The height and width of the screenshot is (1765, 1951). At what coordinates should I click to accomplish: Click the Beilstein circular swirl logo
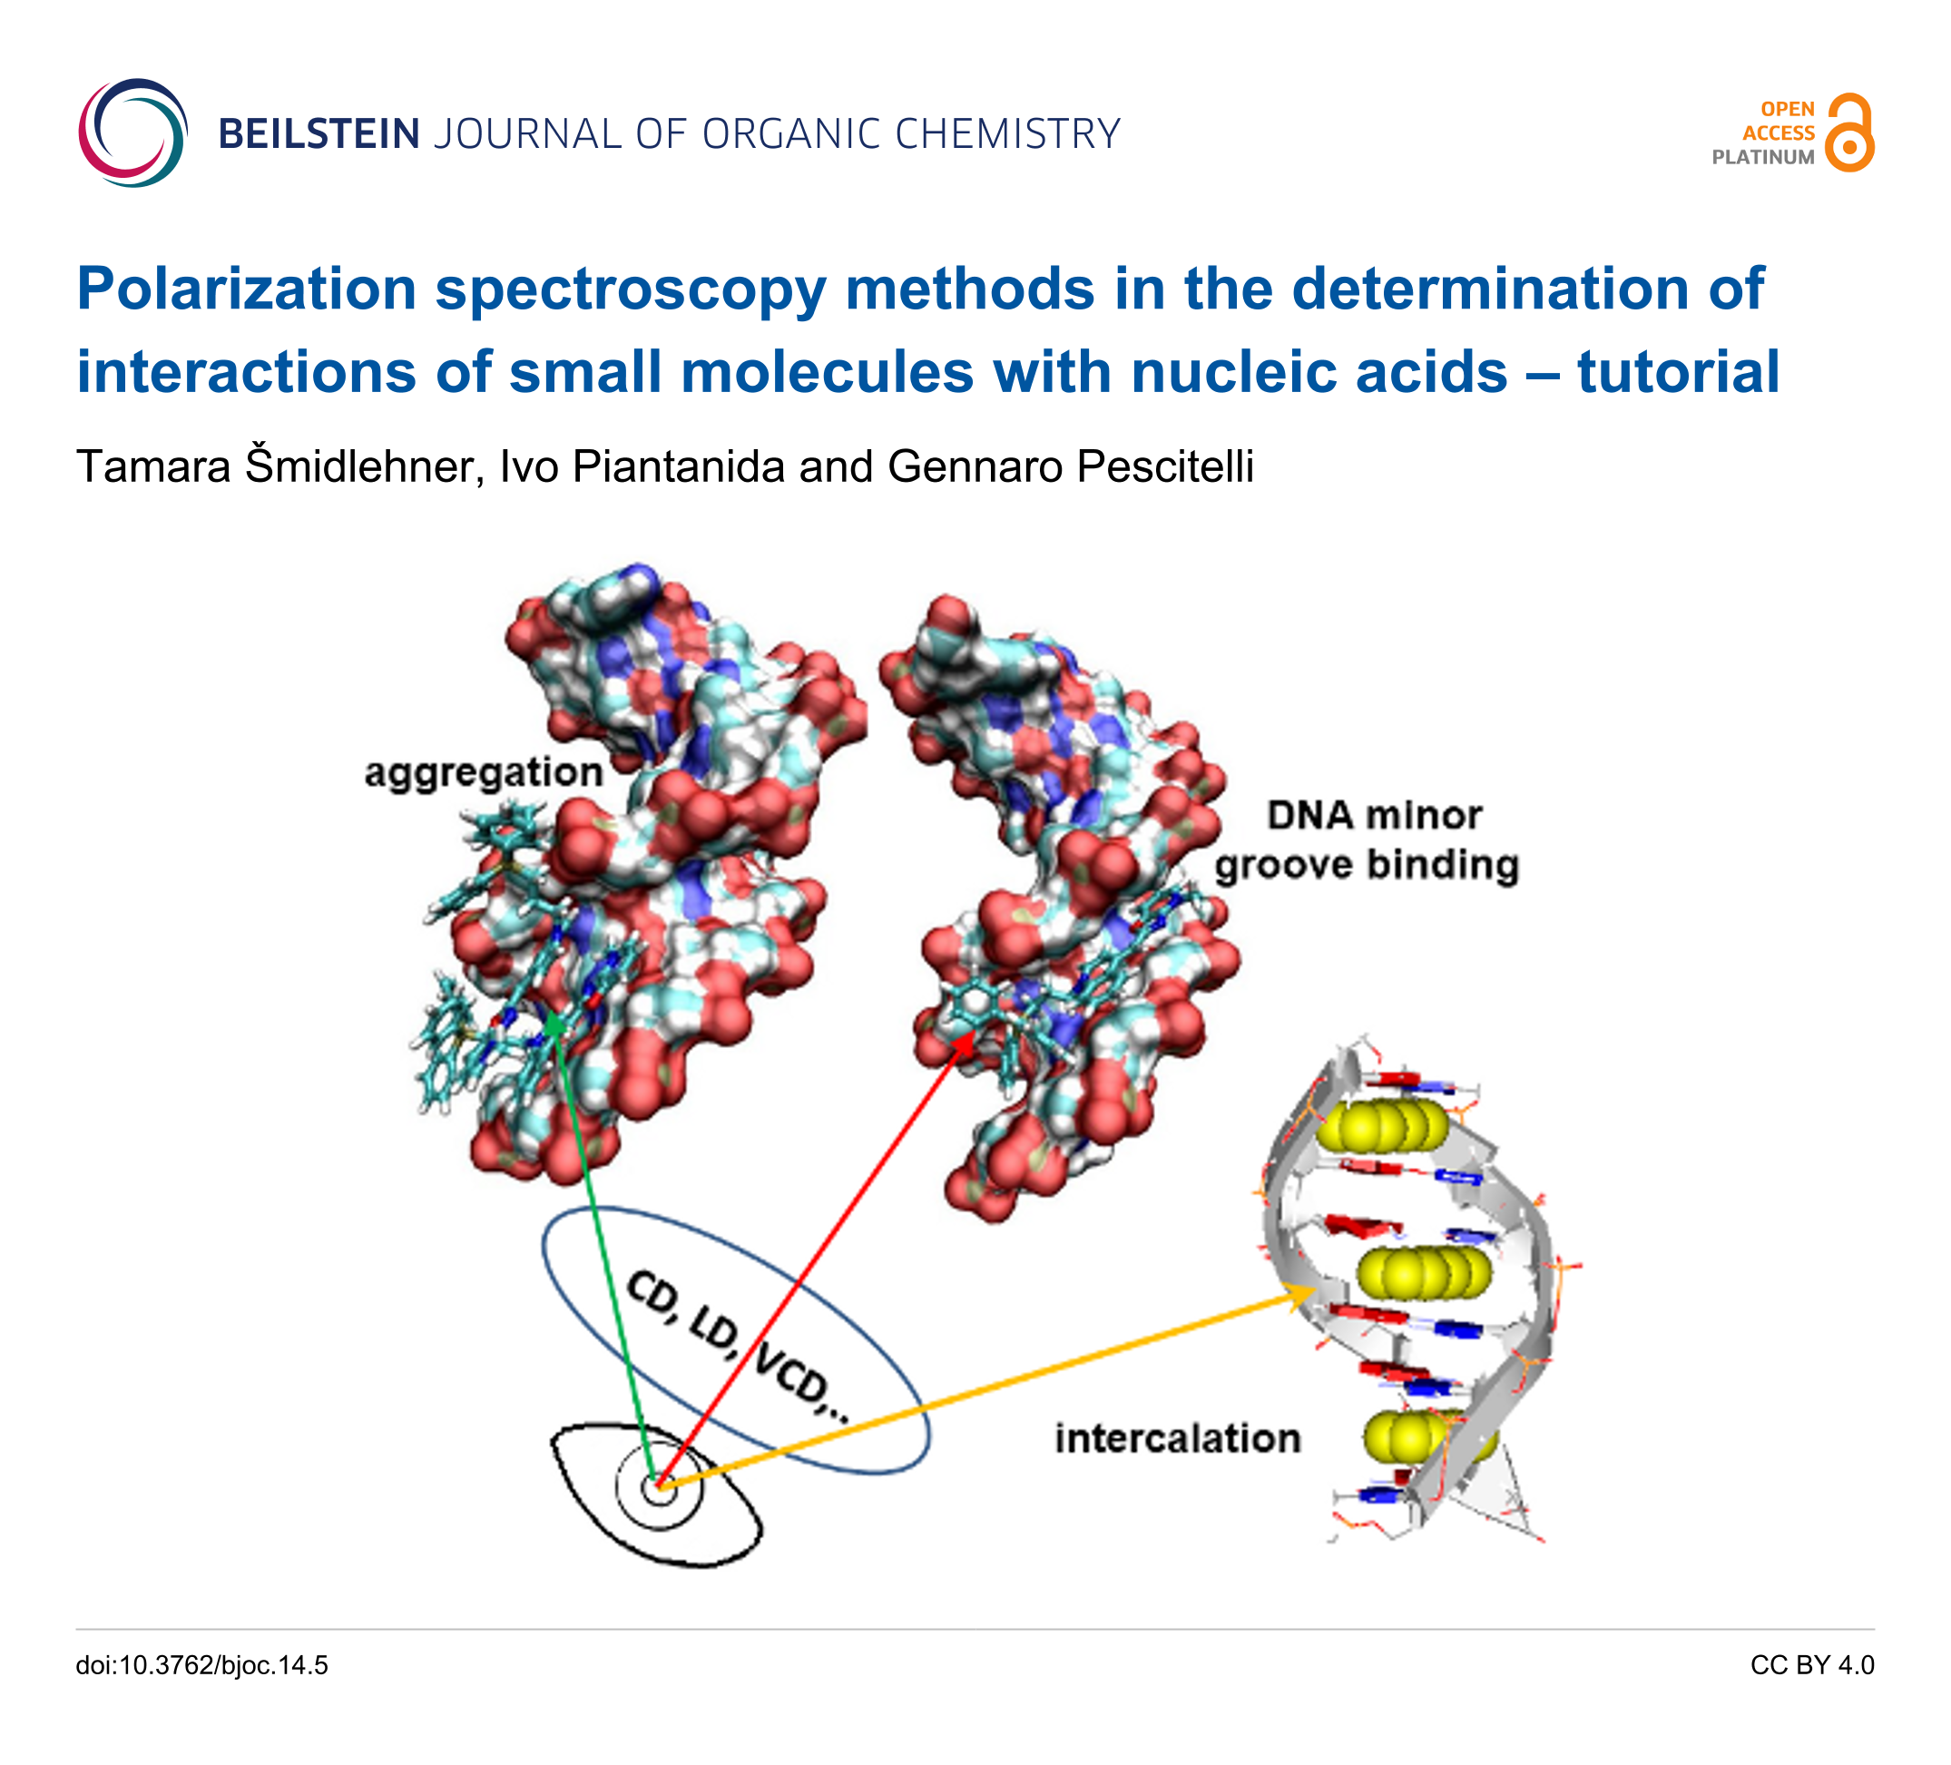(132, 132)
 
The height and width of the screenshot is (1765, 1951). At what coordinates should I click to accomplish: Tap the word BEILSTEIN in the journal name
(319, 134)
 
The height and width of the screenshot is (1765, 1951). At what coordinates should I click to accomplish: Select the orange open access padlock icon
(1848, 133)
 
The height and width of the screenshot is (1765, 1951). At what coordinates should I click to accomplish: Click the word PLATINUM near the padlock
(1762, 158)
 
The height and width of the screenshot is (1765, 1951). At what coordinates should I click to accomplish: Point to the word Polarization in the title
(247, 289)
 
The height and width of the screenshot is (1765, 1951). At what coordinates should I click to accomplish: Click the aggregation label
(483, 772)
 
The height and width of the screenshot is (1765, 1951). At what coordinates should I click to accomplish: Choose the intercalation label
(1177, 1438)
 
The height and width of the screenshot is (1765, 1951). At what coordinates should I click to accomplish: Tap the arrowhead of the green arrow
(553, 1022)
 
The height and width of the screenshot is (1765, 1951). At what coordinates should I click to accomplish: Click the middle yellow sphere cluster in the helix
(1424, 1271)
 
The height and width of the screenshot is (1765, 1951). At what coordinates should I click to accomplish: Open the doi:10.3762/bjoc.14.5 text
(202, 1665)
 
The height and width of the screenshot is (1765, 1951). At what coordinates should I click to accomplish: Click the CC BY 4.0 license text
(1811, 1665)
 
